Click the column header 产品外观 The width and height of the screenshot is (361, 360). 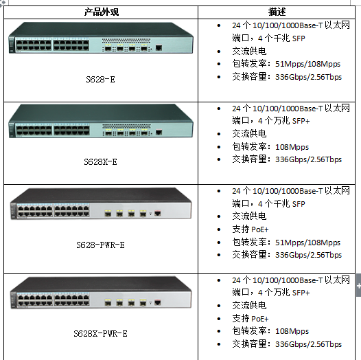pos(102,12)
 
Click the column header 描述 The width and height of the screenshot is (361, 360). pos(277,12)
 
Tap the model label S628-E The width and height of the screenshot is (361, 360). pos(100,80)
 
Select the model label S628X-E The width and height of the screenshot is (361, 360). pos(100,162)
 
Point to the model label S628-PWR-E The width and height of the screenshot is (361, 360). pos(100,245)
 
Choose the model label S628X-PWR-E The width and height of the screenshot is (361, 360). pos(100,333)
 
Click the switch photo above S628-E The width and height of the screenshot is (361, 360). pos(101,38)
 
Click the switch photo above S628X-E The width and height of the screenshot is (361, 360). pos(101,121)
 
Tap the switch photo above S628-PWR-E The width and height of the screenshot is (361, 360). pos(101,204)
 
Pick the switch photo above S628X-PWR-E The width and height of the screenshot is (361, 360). pos(101,293)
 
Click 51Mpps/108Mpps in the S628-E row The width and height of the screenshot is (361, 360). pos(308,64)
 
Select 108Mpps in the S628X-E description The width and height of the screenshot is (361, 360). pos(292,147)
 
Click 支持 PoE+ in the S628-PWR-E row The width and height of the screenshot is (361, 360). pos(251,229)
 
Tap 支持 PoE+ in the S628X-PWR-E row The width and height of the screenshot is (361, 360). pos(251,319)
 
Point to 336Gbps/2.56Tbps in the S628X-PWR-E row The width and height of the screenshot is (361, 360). pos(309,344)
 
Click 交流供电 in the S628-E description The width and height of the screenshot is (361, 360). pos(249,51)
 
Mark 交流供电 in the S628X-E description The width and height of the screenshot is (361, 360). pos(249,134)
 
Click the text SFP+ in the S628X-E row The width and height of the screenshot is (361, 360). pos(301,121)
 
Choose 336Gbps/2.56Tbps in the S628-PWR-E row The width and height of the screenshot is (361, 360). pos(309,255)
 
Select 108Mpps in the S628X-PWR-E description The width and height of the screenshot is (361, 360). pos(292,331)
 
